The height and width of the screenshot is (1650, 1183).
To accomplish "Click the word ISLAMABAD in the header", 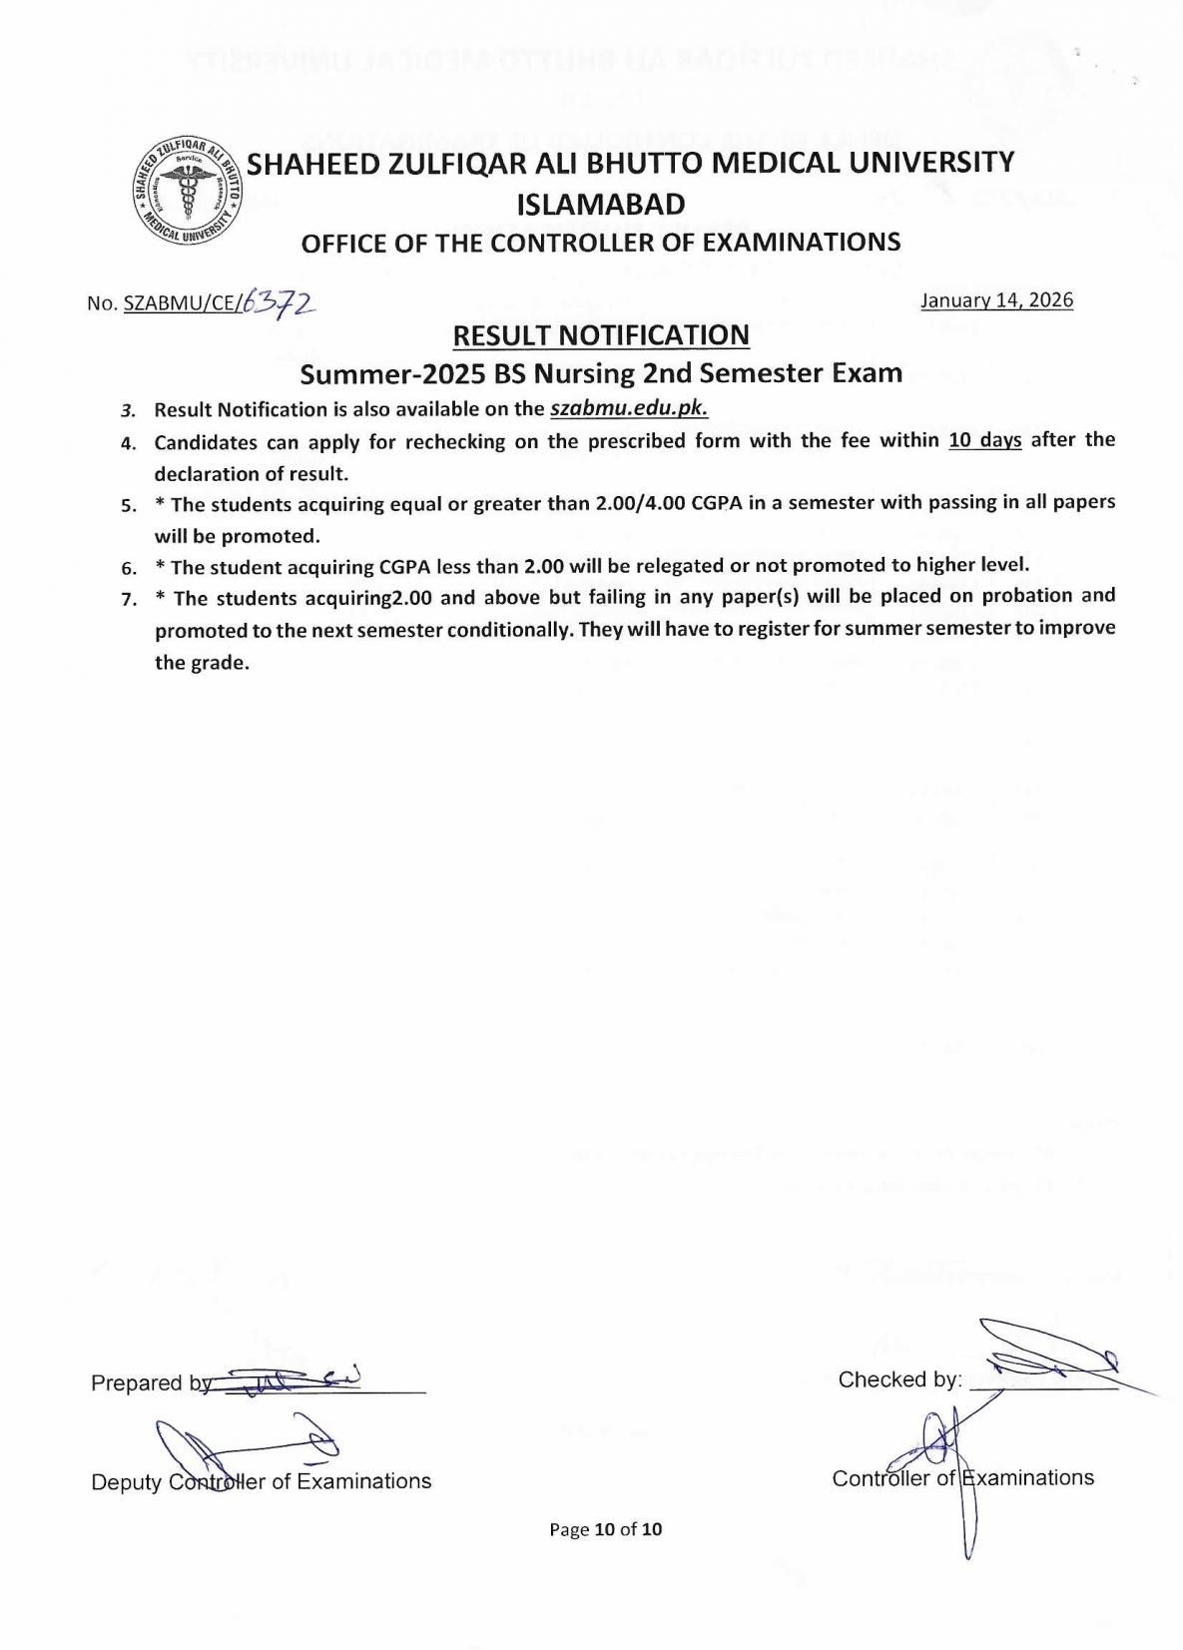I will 601,205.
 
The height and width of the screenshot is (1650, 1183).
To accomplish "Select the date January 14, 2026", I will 996,300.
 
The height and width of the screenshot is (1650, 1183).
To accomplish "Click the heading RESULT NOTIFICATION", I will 601,335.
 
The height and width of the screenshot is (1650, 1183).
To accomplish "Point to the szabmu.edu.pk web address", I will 629,409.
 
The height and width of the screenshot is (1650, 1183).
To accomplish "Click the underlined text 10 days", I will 984,440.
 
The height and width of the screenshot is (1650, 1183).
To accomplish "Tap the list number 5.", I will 129,505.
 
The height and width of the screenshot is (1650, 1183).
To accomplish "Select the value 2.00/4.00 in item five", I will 640,503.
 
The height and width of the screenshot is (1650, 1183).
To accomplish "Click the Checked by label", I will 899,1379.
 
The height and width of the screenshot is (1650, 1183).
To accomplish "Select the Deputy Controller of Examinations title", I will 261,1481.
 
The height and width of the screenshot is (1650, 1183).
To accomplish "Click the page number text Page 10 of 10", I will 606,1529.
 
